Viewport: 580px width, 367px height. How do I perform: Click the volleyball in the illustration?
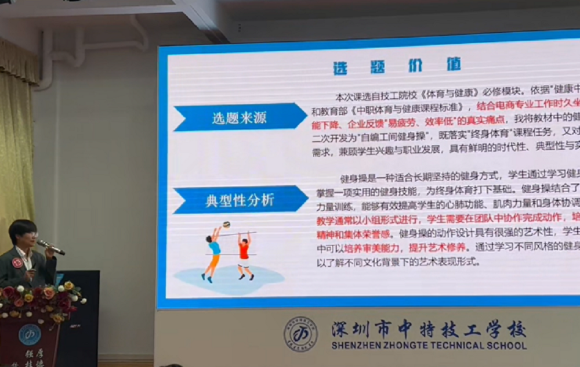[x=226, y=224]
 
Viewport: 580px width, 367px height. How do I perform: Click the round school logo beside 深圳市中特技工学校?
[x=300, y=333]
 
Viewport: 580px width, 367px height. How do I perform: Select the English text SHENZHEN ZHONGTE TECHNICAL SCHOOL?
[x=429, y=346]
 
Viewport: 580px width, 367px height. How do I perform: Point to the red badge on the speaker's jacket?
[x=18, y=262]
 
